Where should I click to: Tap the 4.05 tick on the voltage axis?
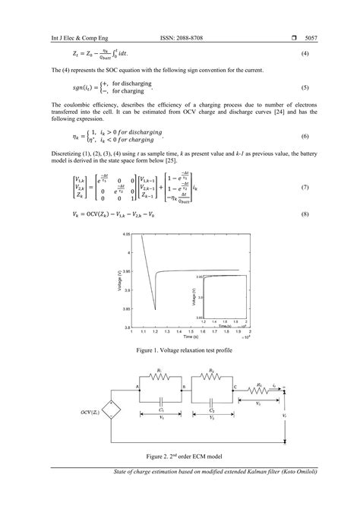pos(127,236)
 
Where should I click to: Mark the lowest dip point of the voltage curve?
pos(155,309)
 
